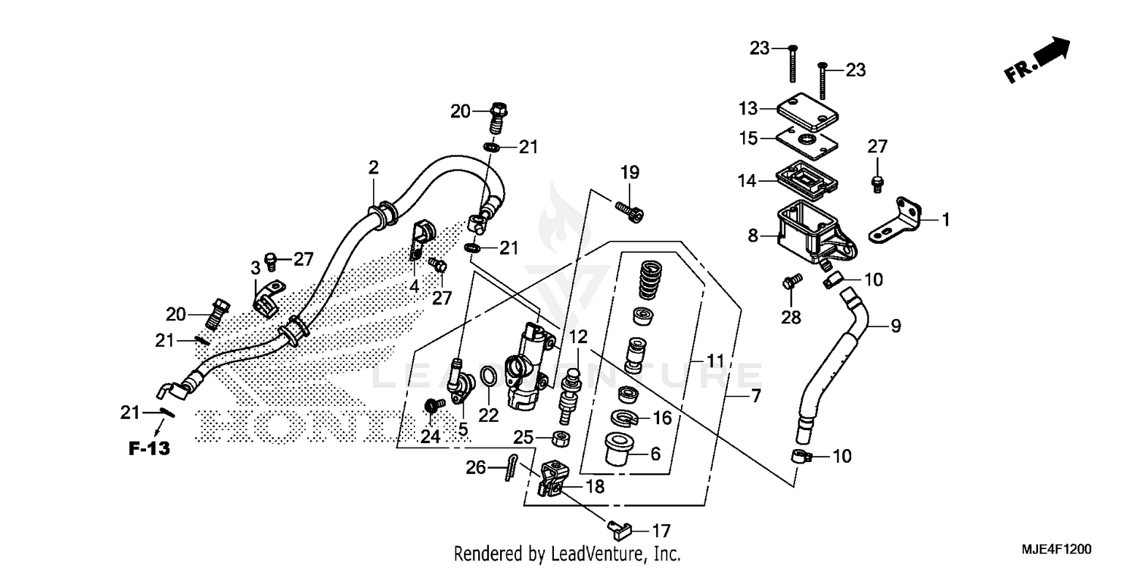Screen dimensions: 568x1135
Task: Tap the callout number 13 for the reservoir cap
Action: coord(748,110)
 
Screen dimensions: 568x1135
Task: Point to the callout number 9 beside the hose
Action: coord(895,327)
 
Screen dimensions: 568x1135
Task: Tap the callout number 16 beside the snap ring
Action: coord(661,417)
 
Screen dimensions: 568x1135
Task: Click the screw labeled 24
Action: coord(434,407)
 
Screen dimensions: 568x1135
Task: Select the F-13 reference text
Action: coord(148,448)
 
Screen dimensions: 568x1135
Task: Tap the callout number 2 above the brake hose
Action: coord(373,167)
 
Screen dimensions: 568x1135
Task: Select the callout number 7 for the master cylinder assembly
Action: coord(755,396)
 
